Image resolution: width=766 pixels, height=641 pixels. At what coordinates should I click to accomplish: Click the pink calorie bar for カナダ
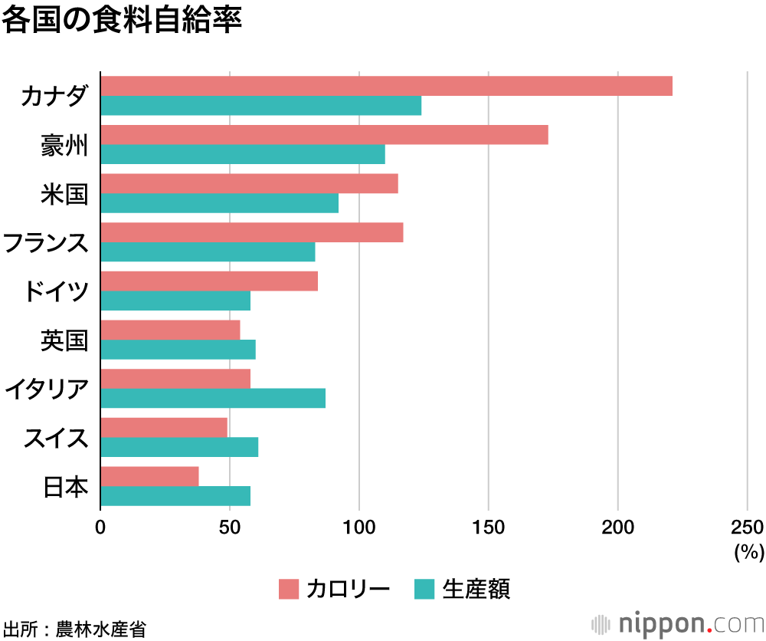[386, 86]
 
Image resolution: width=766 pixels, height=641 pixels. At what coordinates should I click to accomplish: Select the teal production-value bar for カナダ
[260, 106]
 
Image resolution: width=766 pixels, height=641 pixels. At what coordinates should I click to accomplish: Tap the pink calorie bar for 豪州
[324, 134]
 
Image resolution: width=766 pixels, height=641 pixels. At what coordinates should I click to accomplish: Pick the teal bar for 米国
[219, 203]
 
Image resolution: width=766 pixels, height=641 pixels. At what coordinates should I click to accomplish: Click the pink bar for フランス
[251, 232]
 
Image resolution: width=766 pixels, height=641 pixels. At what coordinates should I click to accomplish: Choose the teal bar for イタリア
[213, 398]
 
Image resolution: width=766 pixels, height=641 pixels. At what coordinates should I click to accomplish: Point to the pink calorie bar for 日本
[149, 476]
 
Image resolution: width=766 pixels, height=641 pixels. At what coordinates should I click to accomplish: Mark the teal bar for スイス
[179, 447]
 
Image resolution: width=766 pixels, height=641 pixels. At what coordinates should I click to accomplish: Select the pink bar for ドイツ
[209, 281]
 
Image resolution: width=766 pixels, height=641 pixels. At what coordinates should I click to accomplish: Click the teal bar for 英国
[178, 350]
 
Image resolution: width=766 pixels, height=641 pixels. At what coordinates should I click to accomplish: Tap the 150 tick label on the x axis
[489, 528]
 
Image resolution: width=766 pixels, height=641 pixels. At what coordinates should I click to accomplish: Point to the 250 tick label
[747, 528]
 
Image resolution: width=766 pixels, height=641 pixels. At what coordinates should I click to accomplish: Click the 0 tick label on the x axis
[100, 528]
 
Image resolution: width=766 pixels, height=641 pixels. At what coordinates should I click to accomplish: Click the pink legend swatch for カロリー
[288, 589]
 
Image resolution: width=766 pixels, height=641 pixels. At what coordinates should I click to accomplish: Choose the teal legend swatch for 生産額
[424, 589]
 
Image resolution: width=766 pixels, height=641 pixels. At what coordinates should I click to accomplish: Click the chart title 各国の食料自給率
[122, 21]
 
